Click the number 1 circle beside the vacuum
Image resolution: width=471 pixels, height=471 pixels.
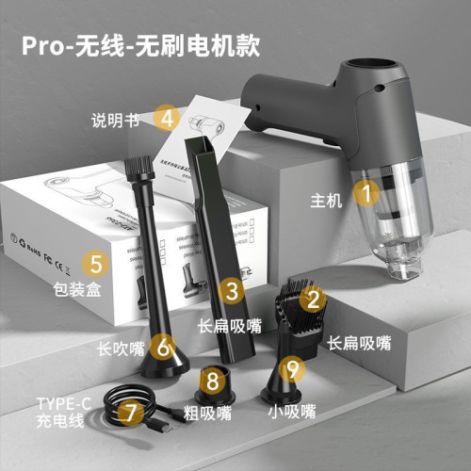[x=366, y=194]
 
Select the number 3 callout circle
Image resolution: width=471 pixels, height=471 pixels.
[x=232, y=291]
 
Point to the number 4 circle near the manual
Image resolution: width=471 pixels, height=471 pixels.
[x=168, y=118]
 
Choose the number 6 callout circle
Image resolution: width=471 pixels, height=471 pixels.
[x=165, y=347]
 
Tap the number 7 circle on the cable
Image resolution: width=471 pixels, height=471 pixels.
[x=129, y=412]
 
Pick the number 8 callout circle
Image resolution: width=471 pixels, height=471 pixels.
[x=214, y=382]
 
